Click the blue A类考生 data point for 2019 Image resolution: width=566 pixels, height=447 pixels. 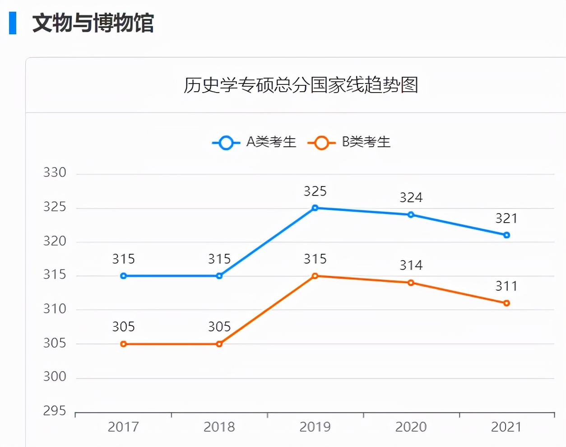tap(315, 208)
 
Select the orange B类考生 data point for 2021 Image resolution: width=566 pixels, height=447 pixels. tap(506, 303)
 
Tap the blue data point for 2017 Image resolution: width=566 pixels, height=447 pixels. tap(124, 276)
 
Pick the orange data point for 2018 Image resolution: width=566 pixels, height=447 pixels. tap(219, 344)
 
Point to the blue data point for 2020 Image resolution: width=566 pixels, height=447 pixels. tap(411, 215)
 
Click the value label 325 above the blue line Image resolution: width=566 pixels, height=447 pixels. tap(315, 191)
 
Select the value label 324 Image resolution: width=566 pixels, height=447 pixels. tap(411, 198)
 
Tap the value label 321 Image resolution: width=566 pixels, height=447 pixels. tap(506, 219)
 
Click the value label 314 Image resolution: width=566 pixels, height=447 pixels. tap(411, 265)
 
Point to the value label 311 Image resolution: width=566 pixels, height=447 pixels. tap(506, 286)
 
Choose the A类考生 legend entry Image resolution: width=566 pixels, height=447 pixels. tap(255, 143)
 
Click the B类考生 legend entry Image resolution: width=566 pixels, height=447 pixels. tap(350, 143)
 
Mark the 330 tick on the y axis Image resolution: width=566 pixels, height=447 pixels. tap(55, 173)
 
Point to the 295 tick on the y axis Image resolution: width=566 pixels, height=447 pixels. tap(55, 411)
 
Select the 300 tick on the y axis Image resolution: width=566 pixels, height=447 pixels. tap(55, 377)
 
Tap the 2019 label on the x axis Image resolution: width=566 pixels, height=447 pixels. tap(315, 427)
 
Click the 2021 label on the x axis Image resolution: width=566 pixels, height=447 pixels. tap(506, 427)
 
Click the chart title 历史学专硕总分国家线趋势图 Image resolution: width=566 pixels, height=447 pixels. tap(301, 85)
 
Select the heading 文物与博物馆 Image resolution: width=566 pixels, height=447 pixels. tap(93, 23)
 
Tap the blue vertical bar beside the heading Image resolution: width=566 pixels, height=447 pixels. tap(13, 23)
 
